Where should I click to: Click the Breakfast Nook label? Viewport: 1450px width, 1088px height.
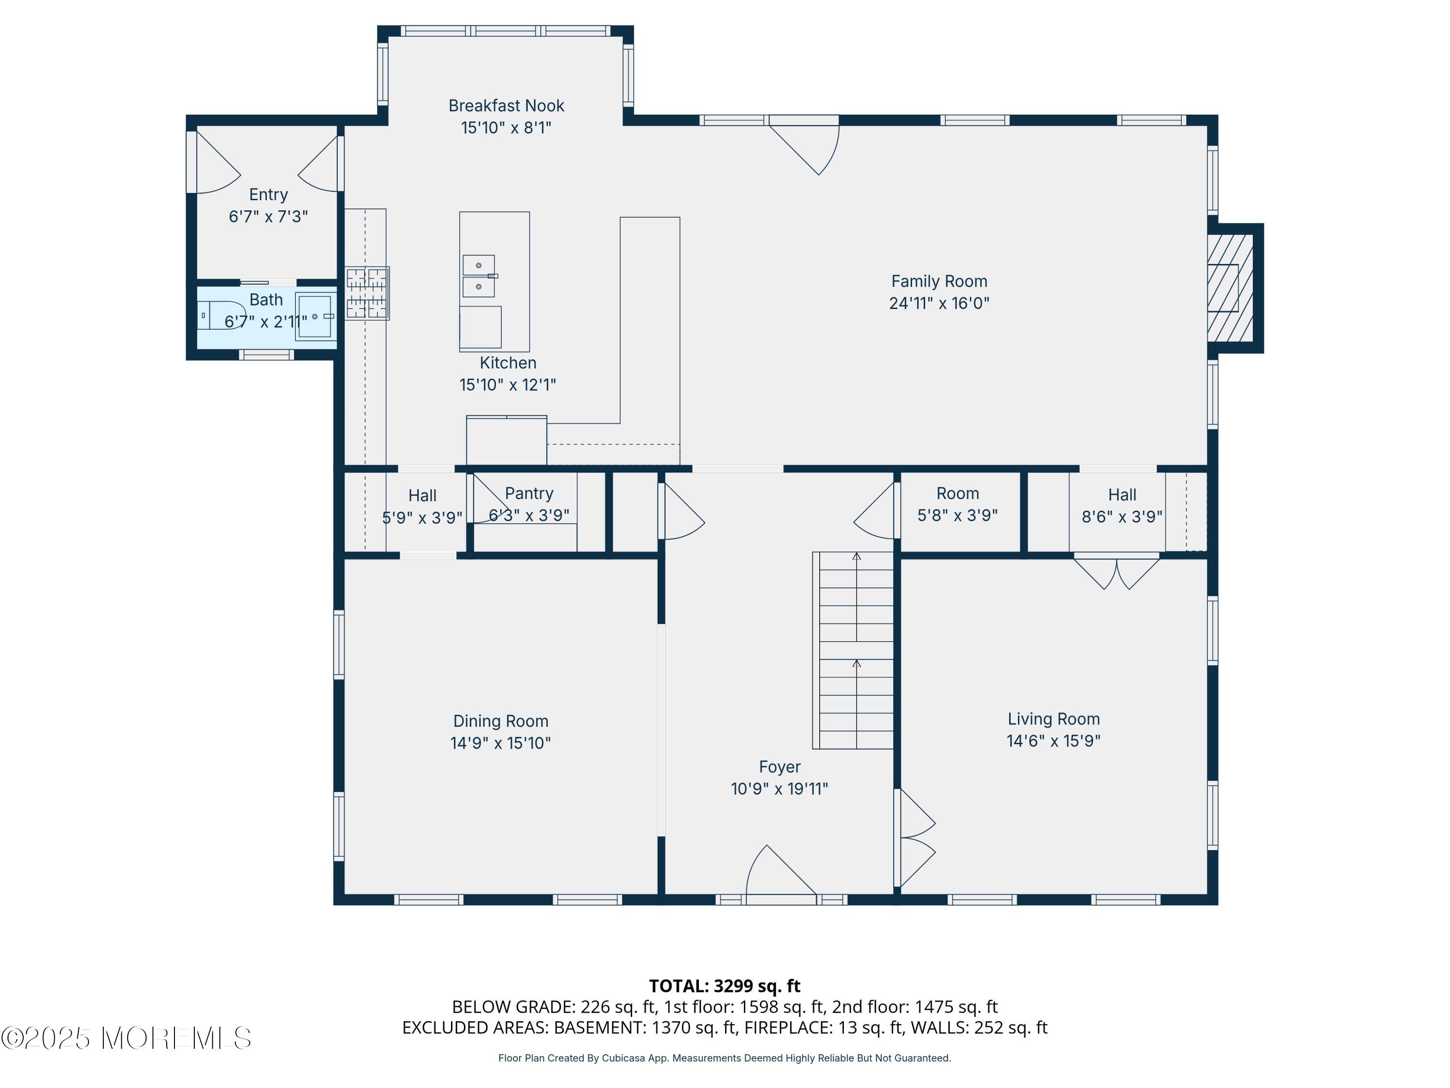[x=506, y=105]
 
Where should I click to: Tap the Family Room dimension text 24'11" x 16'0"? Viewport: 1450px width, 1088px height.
[x=939, y=303]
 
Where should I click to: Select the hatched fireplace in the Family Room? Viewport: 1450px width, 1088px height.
[x=1231, y=288]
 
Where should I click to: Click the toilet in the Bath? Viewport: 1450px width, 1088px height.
[x=221, y=315]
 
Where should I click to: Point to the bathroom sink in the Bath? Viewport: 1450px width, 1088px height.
[x=315, y=316]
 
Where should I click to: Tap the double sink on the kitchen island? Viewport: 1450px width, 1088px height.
[x=479, y=276]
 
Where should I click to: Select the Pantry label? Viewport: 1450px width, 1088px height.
[x=529, y=493]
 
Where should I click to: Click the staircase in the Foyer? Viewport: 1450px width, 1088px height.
[x=853, y=650]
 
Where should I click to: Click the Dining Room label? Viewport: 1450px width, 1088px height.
[x=501, y=721]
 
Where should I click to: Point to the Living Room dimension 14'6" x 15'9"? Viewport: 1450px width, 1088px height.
[x=1053, y=740]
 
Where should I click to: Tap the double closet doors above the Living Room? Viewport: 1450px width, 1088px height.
[x=1116, y=572]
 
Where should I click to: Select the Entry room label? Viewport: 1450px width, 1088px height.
[x=268, y=195]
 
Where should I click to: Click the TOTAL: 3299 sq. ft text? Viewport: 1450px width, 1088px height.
[x=725, y=985]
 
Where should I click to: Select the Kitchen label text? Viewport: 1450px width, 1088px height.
[x=508, y=363]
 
